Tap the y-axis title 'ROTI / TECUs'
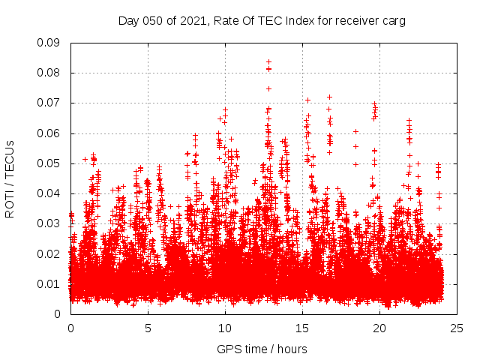tap(10, 178)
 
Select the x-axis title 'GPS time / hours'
tap(262, 349)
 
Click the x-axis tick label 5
tap(148, 328)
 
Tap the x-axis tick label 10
tap(225, 328)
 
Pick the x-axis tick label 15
tap(302, 328)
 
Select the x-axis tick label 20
tap(379, 328)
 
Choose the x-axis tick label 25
tap(457, 328)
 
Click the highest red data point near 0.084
tap(268, 61)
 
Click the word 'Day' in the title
tap(129, 21)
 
